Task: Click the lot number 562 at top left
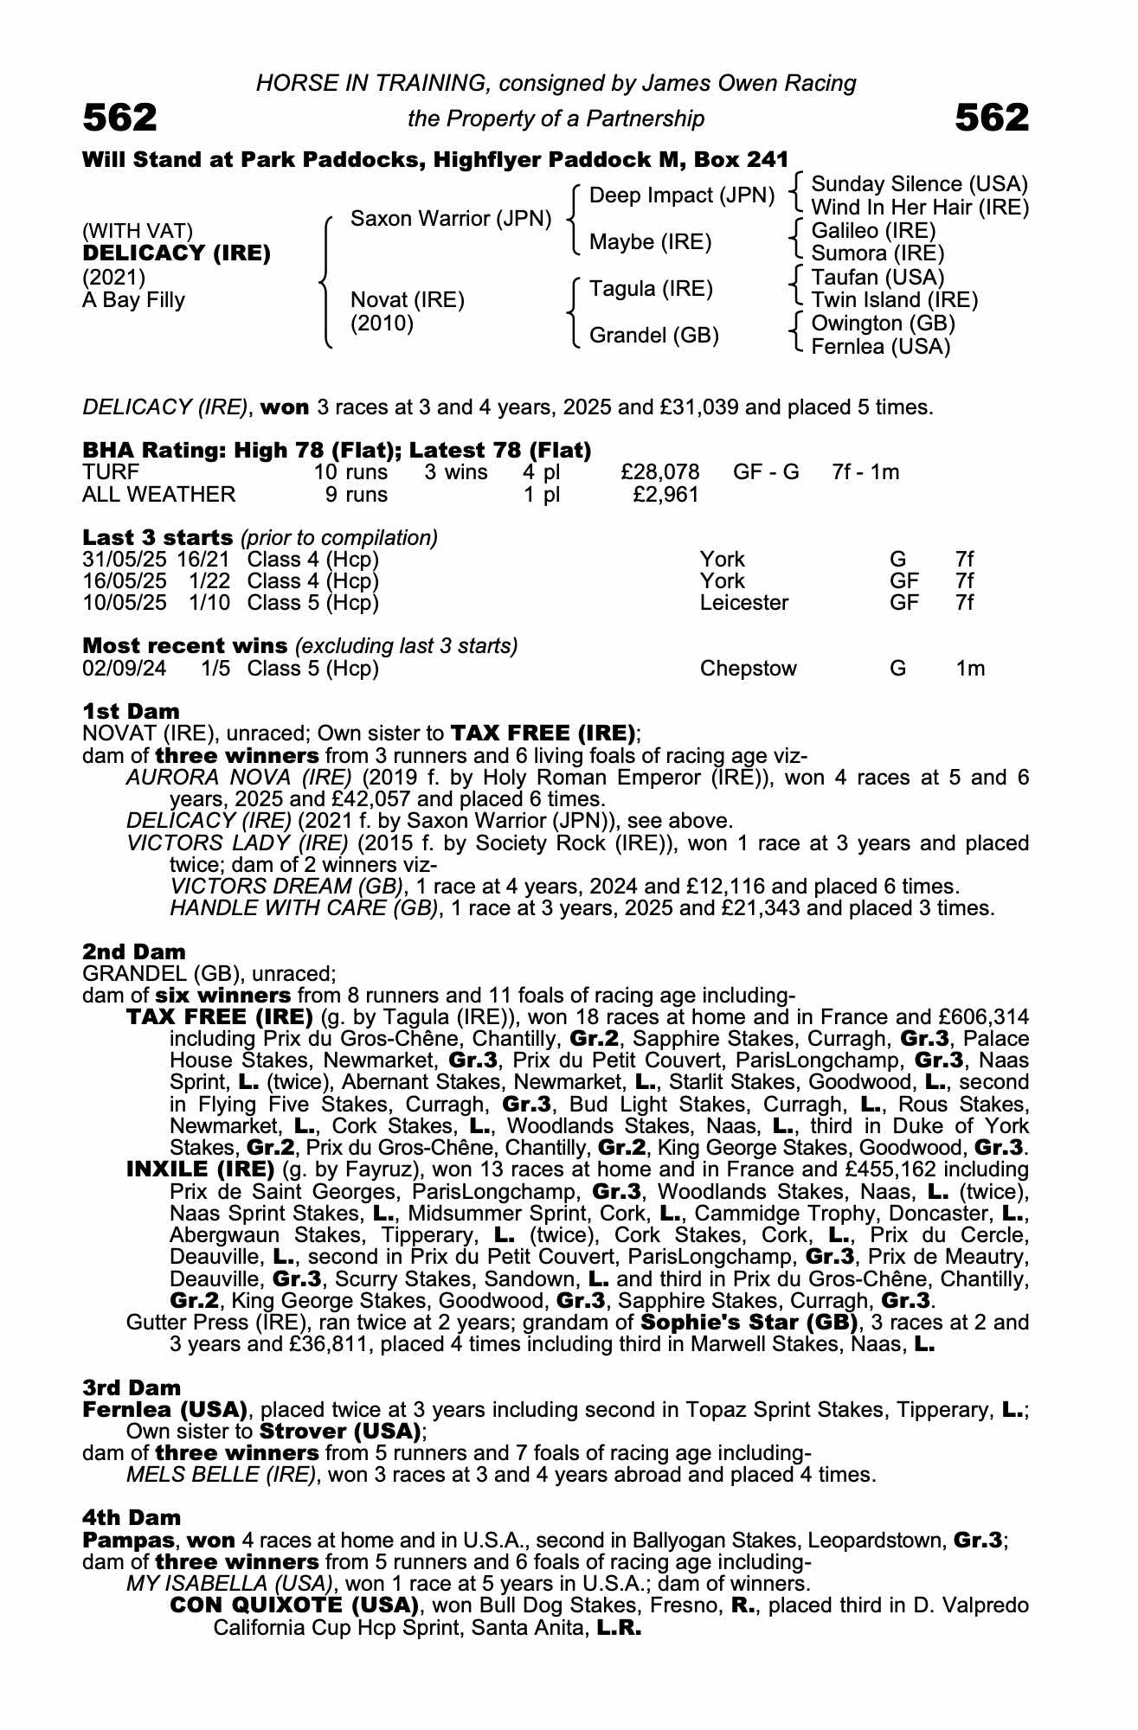(x=119, y=118)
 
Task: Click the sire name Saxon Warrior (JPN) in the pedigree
(x=450, y=219)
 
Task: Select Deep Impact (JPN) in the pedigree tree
(x=681, y=195)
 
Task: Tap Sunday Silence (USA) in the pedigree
(x=919, y=184)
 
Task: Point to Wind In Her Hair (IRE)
(x=919, y=208)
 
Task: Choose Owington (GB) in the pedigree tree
(x=883, y=324)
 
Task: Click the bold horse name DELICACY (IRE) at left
(x=177, y=254)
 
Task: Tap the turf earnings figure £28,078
(x=659, y=472)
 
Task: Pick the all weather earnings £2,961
(x=666, y=495)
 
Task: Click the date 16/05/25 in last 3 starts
(x=125, y=581)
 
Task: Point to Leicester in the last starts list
(x=743, y=603)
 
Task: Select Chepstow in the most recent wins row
(x=748, y=669)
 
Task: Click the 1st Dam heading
(x=131, y=711)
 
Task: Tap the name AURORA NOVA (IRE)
(x=239, y=778)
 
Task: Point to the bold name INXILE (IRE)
(x=200, y=1169)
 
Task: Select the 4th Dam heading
(x=132, y=1517)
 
